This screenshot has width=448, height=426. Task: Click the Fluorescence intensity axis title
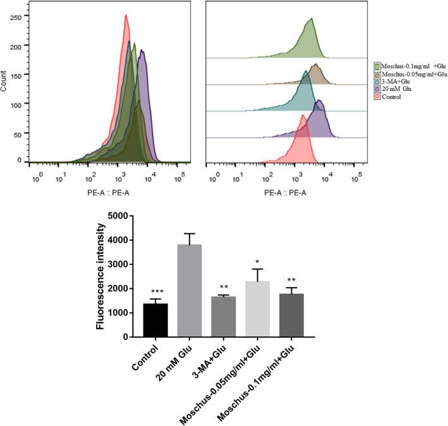pos(100,276)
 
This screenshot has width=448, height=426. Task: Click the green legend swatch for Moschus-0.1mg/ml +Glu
pos(377,66)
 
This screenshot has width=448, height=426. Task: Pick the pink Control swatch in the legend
pos(377,97)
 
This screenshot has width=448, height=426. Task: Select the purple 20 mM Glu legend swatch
pos(377,89)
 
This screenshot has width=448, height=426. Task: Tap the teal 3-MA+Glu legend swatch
pos(377,82)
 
